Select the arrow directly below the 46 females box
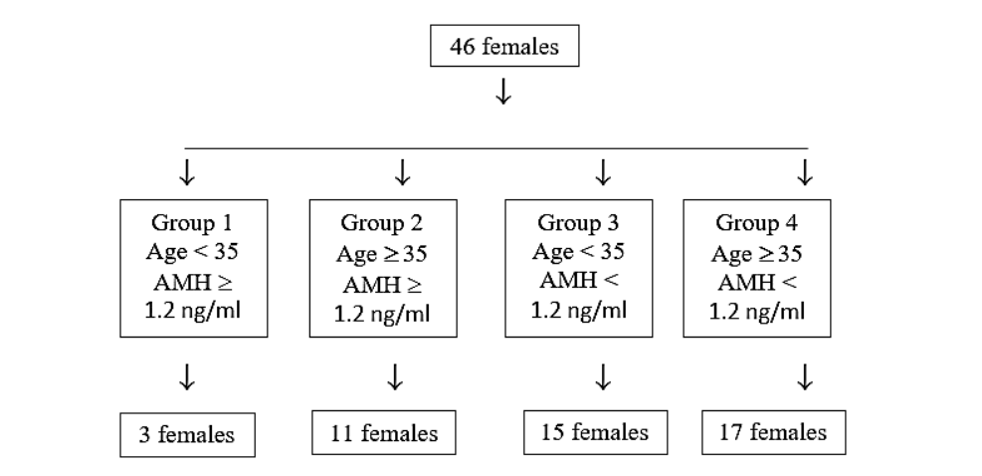tap(504, 93)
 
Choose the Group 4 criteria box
tap(758, 267)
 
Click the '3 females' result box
tap(186, 435)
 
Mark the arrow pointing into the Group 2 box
tap(402, 173)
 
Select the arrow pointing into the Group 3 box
tap(602, 173)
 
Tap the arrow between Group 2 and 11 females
tap(395, 377)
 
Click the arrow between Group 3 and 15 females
tap(602, 377)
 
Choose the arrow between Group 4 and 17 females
tap(806, 377)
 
